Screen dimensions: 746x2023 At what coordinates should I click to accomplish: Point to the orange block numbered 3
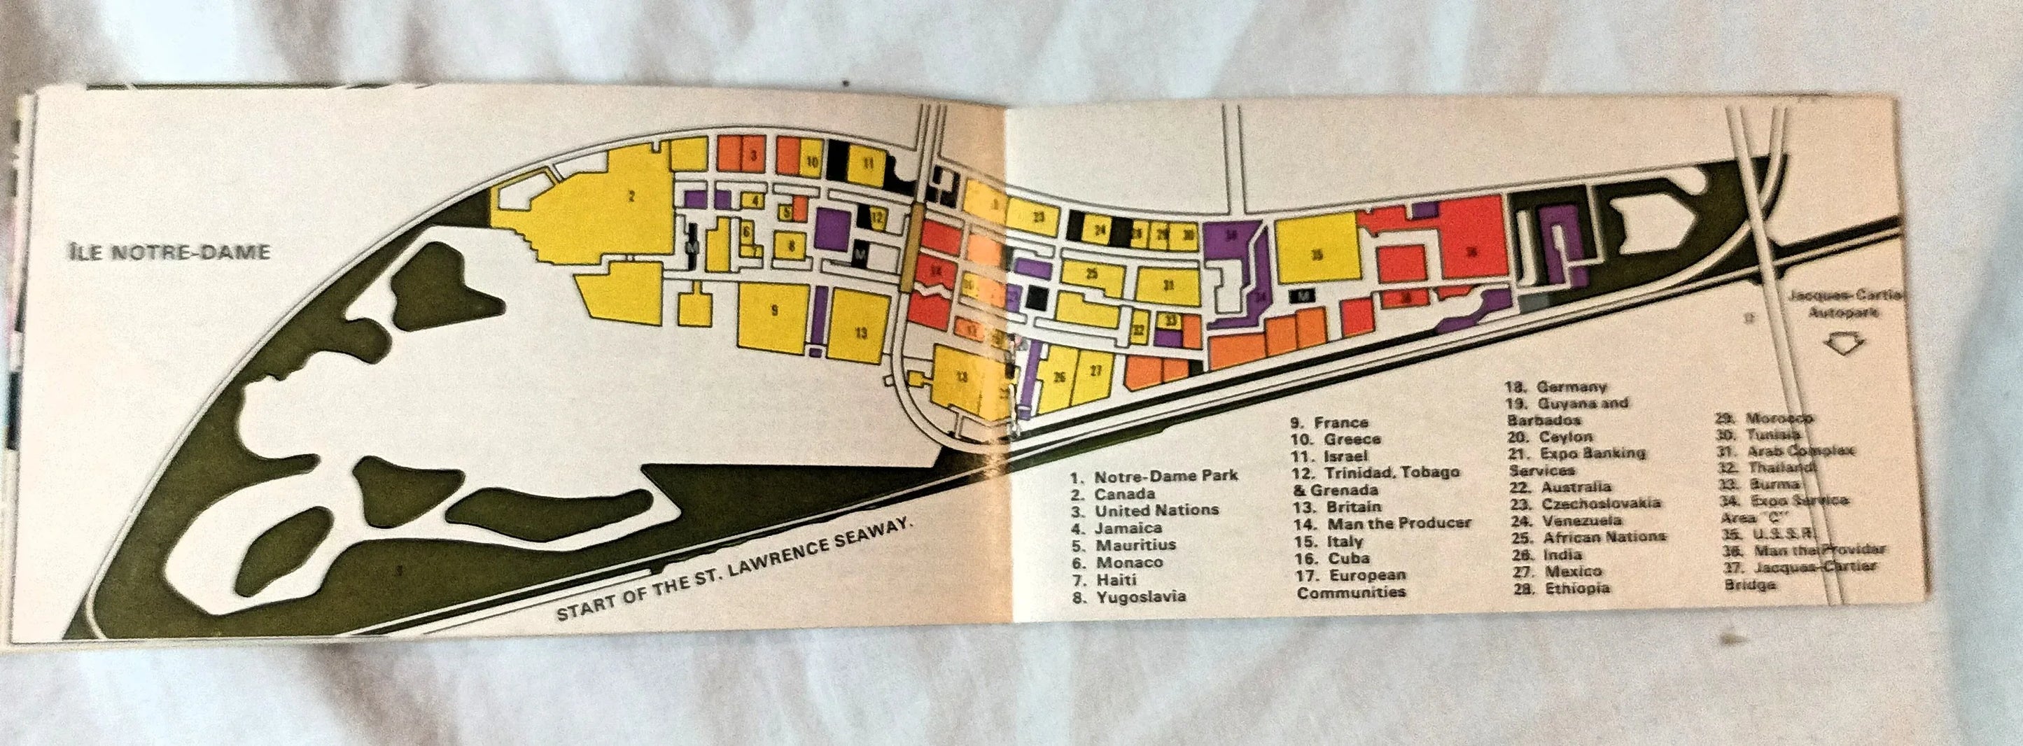pyautogui.click(x=753, y=155)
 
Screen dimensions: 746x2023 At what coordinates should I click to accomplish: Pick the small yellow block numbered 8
pyautogui.click(x=792, y=246)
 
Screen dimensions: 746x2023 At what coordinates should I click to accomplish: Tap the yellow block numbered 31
pyautogui.click(x=1168, y=285)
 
